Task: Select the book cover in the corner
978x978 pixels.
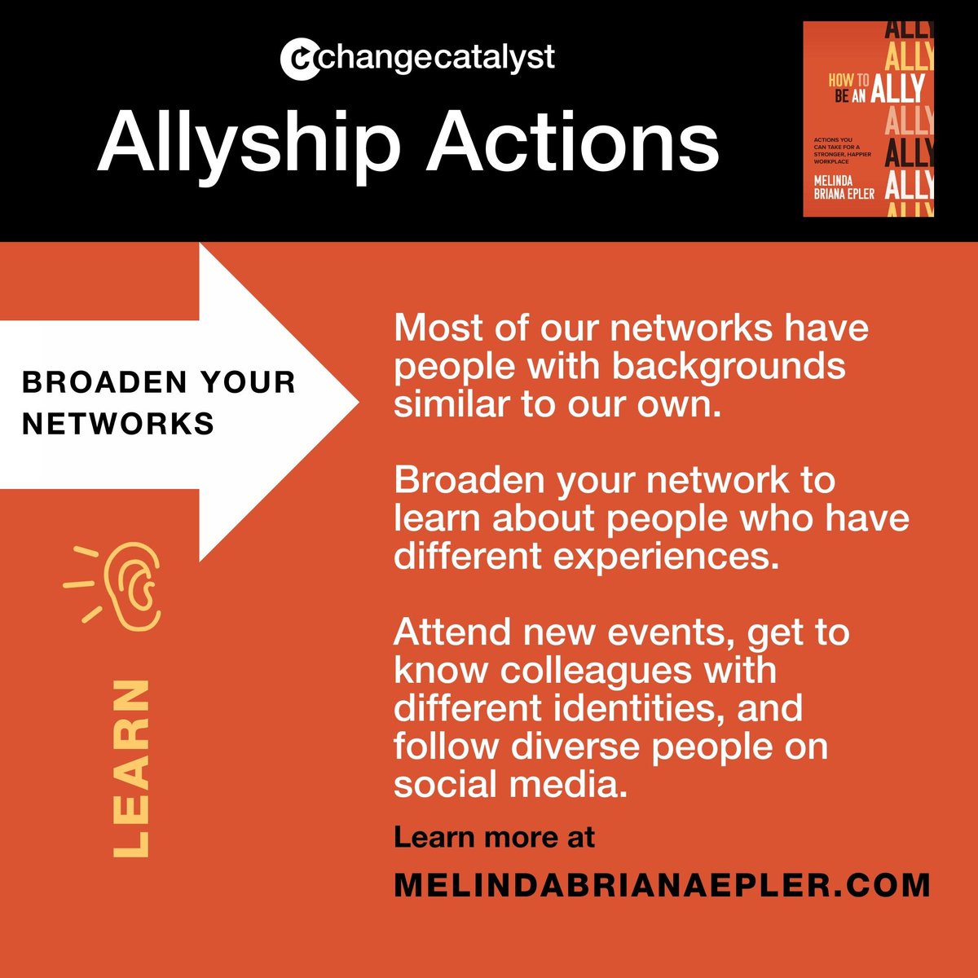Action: coord(868,119)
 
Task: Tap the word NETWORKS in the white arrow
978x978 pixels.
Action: coord(118,424)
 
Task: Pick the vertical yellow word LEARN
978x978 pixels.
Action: coord(132,768)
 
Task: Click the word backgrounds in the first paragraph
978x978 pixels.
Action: coord(728,366)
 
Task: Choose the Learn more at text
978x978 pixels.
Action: coord(494,837)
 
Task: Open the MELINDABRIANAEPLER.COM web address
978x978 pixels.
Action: coord(661,885)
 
